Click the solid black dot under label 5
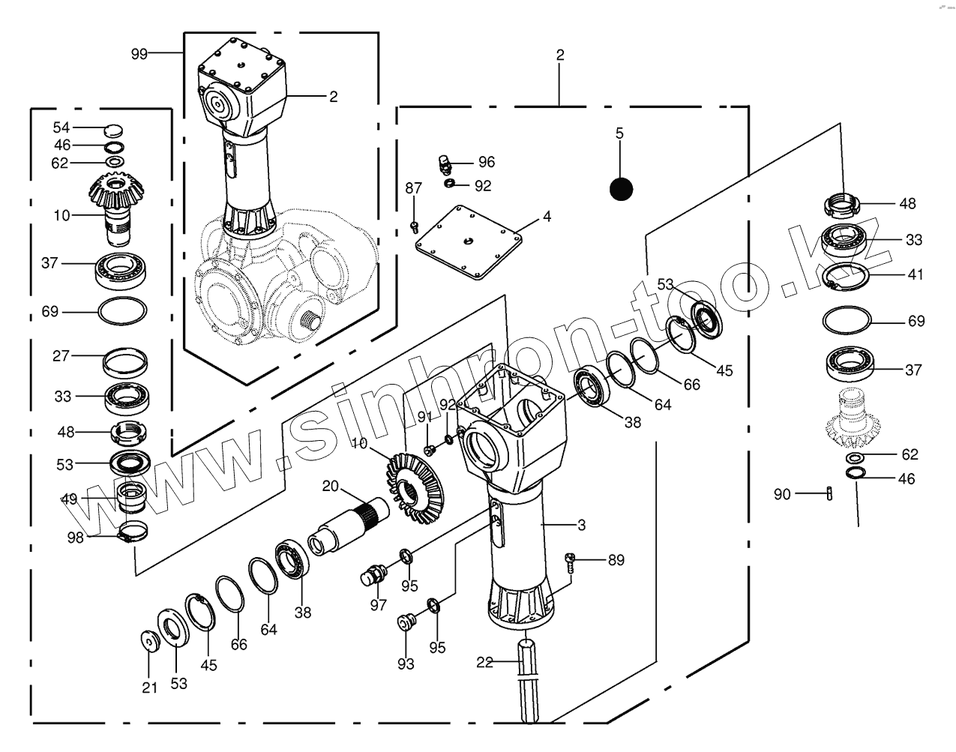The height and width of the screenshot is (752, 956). point(621,189)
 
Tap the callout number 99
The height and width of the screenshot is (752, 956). point(139,53)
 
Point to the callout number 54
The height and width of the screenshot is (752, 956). point(61,127)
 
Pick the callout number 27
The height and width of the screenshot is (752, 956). point(61,355)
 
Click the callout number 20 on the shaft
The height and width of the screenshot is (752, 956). point(331,486)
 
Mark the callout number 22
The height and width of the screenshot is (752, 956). point(485,661)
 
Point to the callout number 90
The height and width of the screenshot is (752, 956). point(782,494)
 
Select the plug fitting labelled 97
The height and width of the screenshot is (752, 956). point(372,576)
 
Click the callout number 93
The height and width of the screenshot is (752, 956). point(406,664)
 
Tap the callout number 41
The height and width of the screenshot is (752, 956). point(916,274)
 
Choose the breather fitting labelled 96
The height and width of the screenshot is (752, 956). point(445,163)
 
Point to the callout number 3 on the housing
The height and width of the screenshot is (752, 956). point(581,524)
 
